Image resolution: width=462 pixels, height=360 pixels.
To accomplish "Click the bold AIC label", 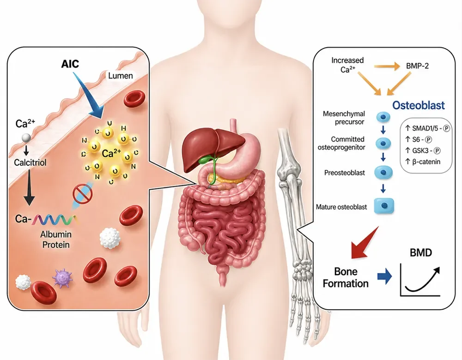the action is click(70, 64).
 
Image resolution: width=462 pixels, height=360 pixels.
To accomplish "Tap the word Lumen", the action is click(121, 76).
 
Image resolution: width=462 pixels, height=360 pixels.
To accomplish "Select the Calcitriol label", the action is click(30, 162).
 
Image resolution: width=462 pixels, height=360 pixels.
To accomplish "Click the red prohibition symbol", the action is click(83, 194).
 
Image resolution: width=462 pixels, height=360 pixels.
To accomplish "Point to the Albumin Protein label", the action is click(56, 240).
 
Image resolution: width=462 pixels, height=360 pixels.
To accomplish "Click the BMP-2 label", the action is click(417, 66).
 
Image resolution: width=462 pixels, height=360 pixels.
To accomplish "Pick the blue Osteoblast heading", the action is click(419, 105).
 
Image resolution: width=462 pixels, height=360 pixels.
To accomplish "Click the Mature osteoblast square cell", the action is click(384, 205).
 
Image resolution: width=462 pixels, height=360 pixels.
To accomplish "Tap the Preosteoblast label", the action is click(345, 173).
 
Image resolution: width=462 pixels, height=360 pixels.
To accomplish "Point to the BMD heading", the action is click(421, 252).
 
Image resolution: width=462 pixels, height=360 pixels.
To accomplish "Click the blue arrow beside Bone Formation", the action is click(384, 277).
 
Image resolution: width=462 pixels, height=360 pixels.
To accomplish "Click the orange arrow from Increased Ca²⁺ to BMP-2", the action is click(387, 67).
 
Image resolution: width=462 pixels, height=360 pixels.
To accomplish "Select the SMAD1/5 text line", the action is click(427, 128).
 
